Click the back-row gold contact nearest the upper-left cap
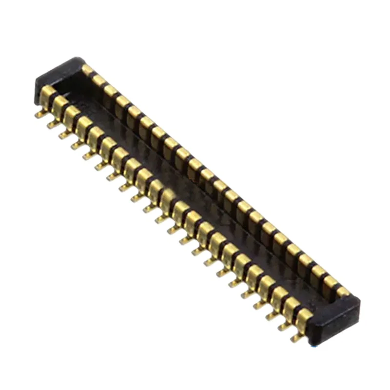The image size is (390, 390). point(88,70)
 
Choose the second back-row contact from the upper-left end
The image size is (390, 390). point(99,79)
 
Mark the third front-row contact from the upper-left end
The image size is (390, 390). point(72,113)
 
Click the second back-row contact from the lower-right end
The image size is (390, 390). point(331,281)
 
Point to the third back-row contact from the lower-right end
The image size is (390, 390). point(318,271)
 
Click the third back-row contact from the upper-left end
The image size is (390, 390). point(111,90)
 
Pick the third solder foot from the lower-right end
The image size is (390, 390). point(272,316)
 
